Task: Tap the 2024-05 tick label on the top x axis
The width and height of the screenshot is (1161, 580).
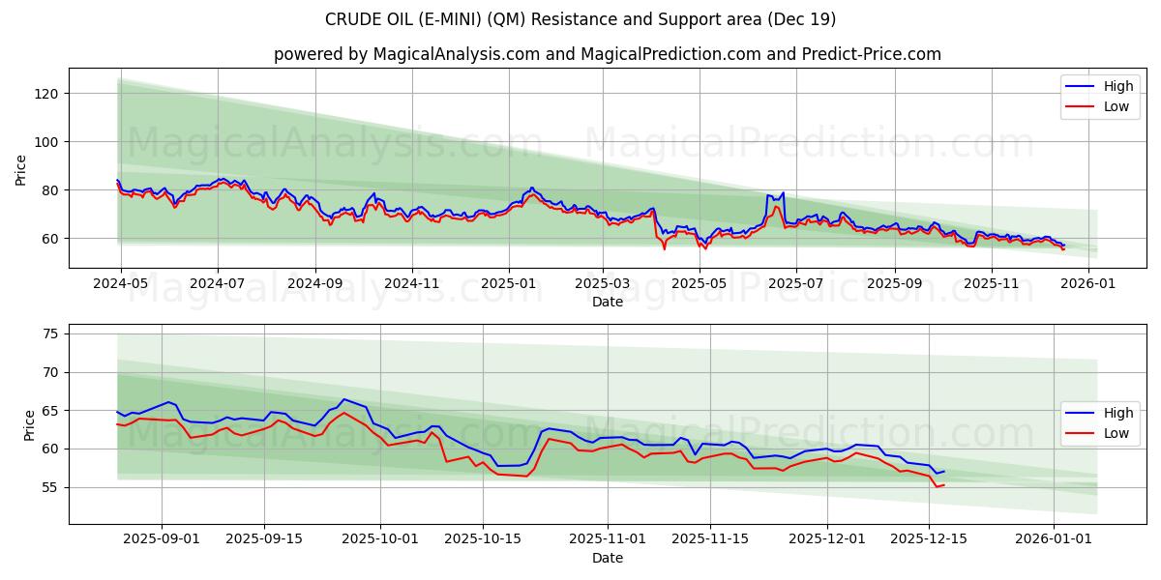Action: point(121,284)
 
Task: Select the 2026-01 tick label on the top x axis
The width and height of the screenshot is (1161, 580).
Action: point(1089,284)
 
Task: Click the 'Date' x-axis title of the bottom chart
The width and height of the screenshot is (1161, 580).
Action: point(607,558)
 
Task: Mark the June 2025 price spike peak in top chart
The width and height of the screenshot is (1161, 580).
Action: point(782,193)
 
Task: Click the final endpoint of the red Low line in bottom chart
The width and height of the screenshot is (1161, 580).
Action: point(943,484)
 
